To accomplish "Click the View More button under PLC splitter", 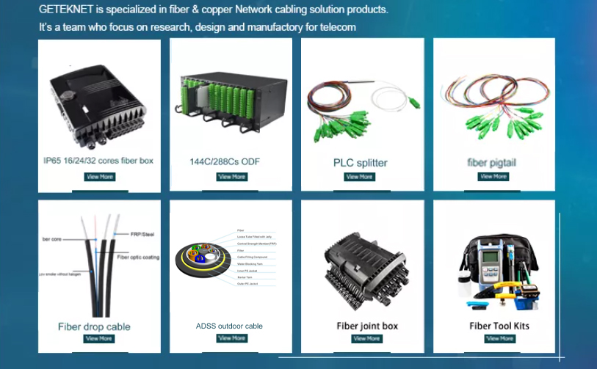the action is pyautogui.click(x=359, y=177).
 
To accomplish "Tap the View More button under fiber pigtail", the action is pyautogui.click(x=493, y=176).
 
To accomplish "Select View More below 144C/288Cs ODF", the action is pyautogui.click(x=232, y=177).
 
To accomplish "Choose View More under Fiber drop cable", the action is pyautogui.click(x=99, y=339).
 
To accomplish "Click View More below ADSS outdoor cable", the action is pyautogui.click(x=232, y=338).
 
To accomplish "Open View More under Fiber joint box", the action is pyautogui.click(x=366, y=339).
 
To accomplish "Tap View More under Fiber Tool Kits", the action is pyautogui.click(x=499, y=339).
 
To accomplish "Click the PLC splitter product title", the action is pyautogui.click(x=360, y=163).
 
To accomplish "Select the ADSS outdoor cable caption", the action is pyautogui.click(x=229, y=326).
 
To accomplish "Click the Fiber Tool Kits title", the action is pyautogui.click(x=499, y=326).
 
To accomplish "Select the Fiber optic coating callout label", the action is pyautogui.click(x=138, y=257).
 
